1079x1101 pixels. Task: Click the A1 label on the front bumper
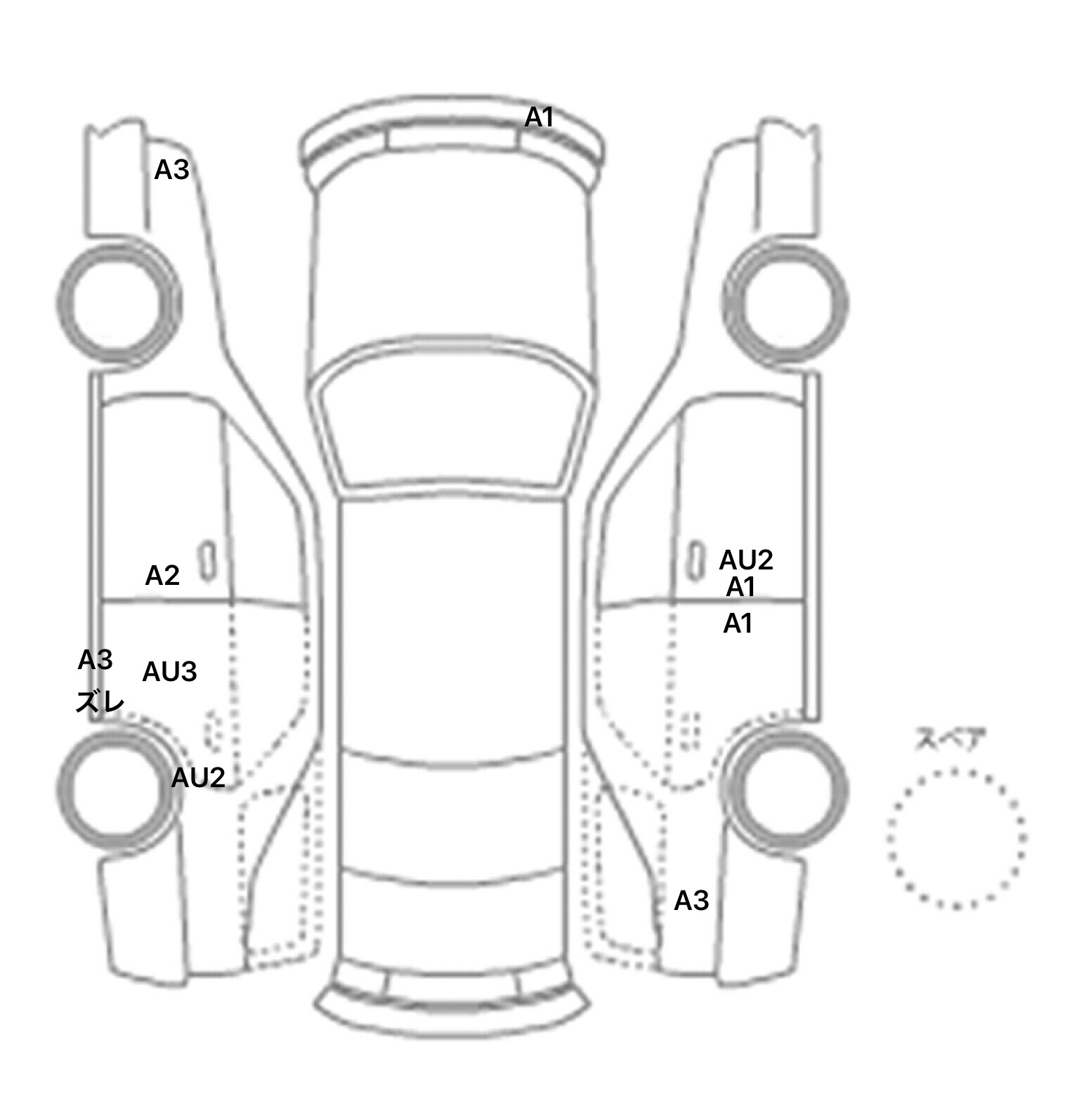539,117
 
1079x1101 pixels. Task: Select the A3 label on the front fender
171,170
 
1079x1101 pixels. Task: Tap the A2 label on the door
162,576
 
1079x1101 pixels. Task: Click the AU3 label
169,672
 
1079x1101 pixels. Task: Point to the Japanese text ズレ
100,701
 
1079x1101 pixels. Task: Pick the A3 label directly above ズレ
95,660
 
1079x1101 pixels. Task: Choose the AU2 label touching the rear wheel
198,777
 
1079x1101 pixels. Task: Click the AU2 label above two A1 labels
746,560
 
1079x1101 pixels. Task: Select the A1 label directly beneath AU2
740,587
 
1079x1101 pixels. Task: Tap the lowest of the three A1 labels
738,623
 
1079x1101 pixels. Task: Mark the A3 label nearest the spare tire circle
691,900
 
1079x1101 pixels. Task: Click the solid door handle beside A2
208,561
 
